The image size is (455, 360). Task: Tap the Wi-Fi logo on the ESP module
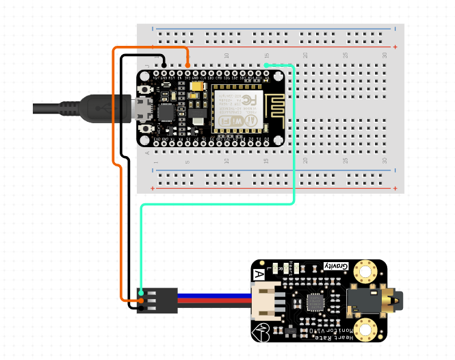click(251, 122)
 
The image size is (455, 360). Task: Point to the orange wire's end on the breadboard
click(188, 64)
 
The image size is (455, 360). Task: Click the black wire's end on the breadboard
click(164, 65)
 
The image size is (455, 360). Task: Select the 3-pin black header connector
click(158, 300)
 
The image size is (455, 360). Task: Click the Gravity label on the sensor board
click(335, 266)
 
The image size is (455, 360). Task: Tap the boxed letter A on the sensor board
click(259, 274)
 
